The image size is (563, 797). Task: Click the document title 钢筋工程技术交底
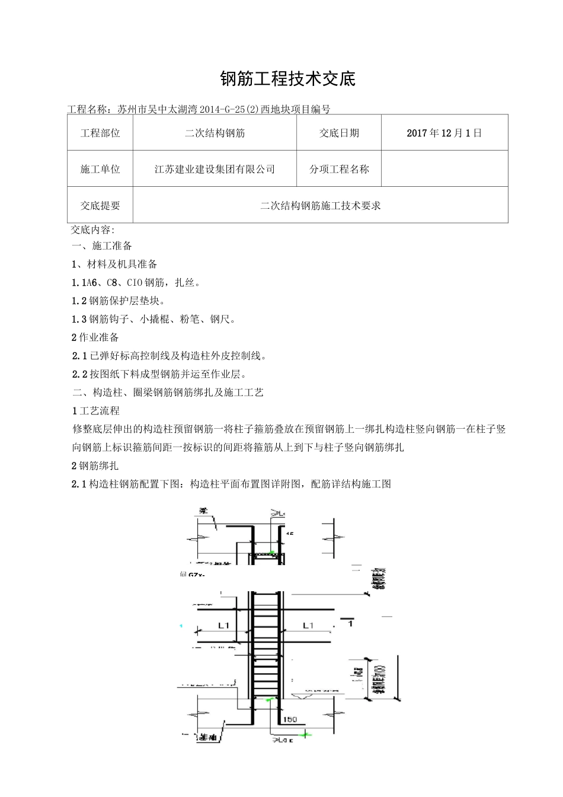pyautogui.click(x=288, y=79)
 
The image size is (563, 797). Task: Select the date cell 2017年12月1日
pyautogui.click(x=444, y=133)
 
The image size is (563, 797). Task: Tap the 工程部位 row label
pyautogui.click(x=100, y=133)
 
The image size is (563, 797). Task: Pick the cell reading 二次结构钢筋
pyautogui.click(x=215, y=133)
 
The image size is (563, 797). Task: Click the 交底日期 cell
pyautogui.click(x=339, y=133)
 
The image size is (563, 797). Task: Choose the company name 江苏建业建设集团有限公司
pyautogui.click(x=215, y=169)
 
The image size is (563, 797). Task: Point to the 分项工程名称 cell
pyautogui.click(x=339, y=169)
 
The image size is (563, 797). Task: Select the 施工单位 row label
pyautogui.click(x=100, y=169)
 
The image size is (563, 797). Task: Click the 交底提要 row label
pyautogui.click(x=100, y=205)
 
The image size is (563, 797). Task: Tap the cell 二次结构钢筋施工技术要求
pyautogui.click(x=320, y=205)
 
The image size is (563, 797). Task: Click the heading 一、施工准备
pyautogui.click(x=101, y=246)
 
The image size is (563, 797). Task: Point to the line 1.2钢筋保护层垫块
pyautogui.click(x=119, y=301)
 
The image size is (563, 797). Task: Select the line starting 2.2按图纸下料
pyautogui.click(x=159, y=374)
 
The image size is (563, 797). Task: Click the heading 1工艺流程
pyautogui.click(x=95, y=410)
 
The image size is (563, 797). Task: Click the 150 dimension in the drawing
pyautogui.click(x=290, y=719)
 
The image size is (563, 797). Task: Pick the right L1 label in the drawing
pyautogui.click(x=308, y=626)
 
